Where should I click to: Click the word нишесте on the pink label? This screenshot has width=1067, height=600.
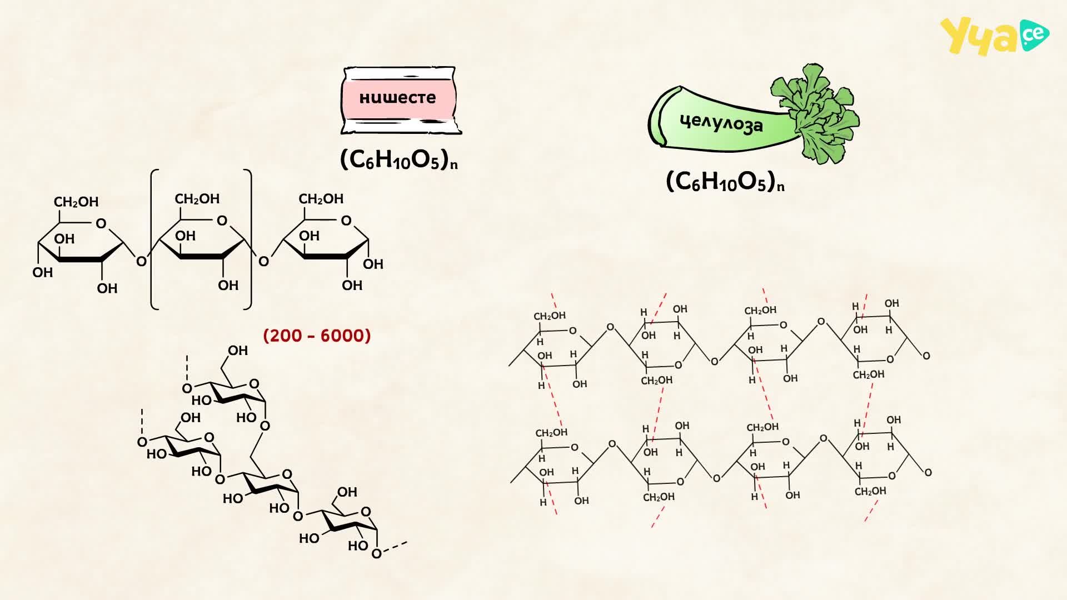[397, 98]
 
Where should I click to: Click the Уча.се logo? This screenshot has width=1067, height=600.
[994, 36]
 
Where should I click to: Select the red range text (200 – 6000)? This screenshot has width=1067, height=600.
[317, 336]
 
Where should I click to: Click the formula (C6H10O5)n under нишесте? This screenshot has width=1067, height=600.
[399, 160]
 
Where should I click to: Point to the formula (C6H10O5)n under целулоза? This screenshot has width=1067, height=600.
[725, 182]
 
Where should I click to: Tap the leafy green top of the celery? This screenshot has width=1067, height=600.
[815, 113]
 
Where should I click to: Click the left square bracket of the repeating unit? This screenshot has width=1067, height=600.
[155, 239]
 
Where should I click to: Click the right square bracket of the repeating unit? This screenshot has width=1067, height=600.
[247, 239]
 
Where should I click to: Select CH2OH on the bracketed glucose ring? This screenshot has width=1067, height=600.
[197, 199]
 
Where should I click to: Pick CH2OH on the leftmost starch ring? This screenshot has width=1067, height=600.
[76, 202]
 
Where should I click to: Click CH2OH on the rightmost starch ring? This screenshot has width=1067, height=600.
[321, 199]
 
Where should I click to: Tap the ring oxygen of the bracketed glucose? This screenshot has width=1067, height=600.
[222, 221]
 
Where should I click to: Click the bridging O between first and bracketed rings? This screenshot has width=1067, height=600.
[141, 261]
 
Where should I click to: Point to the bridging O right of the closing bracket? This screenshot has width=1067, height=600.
[264, 261]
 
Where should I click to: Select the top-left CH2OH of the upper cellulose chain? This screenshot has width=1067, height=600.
[550, 316]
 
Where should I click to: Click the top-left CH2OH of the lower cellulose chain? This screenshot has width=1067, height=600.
[551, 433]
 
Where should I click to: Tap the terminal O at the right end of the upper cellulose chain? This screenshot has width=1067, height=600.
[926, 356]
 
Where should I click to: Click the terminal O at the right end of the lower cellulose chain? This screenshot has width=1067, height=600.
[928, 472]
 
